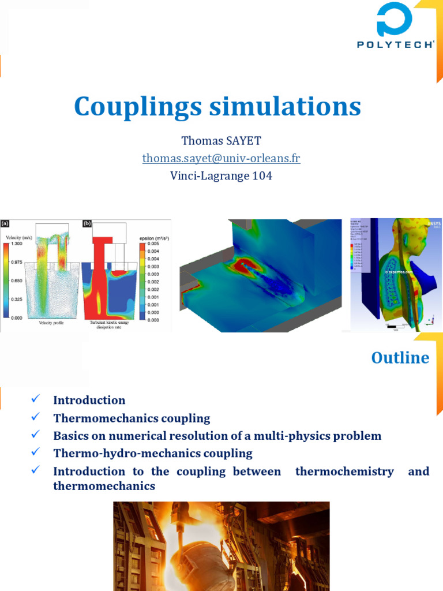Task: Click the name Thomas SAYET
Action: click(221, 141)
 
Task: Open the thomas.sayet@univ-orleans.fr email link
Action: click(221, 158)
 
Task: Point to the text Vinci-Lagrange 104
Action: click(221, 175)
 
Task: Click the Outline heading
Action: click(400, 358)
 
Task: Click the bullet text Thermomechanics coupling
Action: click(132, 418)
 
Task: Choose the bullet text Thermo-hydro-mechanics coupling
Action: click(153, 453)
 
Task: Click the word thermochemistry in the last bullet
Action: click(344, 472)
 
